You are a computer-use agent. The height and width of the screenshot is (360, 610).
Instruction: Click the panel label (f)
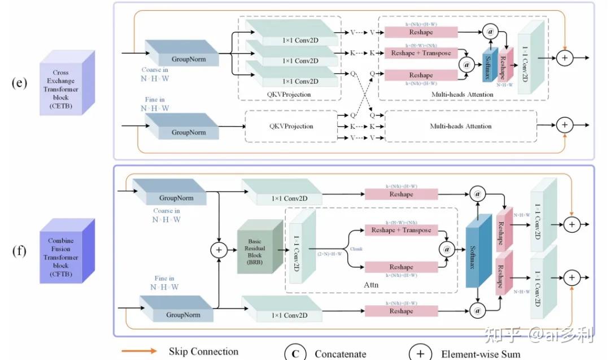[20, 249]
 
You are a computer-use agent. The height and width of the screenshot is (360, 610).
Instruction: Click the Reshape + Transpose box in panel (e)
[421, 53]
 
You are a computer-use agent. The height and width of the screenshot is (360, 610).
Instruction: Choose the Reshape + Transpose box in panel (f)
[401, 230]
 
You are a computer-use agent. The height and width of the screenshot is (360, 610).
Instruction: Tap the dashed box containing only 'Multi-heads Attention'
[460, 127]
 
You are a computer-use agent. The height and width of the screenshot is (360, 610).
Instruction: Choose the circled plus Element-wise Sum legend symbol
[420, 354]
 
